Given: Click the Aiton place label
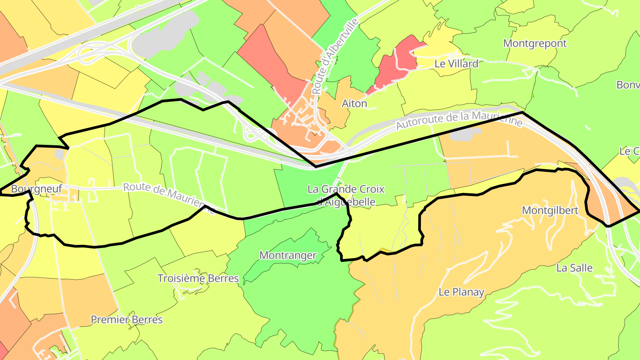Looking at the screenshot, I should pyautogui.click(x=354, y=104).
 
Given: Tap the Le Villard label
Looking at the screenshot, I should pyautogui.click(x=456, y=64).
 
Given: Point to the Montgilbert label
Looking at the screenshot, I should pyautogui.click(x=550, y=210).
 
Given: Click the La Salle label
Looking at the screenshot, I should pyautogui.click(x=574, y=268).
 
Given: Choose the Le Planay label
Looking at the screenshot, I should pyautogui.click(x=461, y=292).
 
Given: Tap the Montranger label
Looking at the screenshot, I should pyautogui.click(x=288, y=256).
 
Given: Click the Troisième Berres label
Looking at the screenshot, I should pyautogui.click(x=198, y=279).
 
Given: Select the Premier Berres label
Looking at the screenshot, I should pyautogui.click(x=127, y=320).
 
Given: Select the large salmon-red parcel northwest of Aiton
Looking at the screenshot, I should pyautogui.click(x=271, y=64).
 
